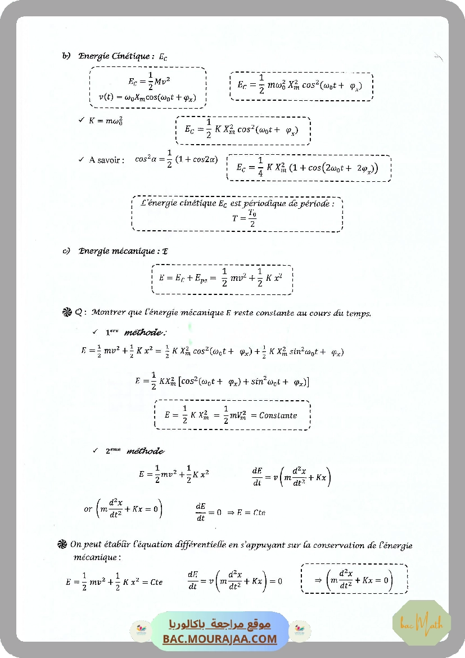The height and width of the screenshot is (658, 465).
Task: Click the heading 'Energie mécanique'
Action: [117, 251]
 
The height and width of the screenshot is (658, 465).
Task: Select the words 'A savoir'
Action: [105, 160]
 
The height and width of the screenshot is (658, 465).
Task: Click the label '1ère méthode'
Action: [135, 332]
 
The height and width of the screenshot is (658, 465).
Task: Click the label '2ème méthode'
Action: [134, 451]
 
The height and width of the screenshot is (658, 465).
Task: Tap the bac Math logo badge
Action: [421, 623]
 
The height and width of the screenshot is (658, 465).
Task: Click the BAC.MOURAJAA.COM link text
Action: [220, 639]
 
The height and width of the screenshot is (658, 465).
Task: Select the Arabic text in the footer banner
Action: [220, 624]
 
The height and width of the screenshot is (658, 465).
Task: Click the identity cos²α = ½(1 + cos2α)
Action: [176, 159]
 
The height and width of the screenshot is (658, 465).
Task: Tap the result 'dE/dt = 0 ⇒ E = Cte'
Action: [231, 512]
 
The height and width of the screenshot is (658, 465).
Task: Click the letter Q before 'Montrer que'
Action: [78, 313]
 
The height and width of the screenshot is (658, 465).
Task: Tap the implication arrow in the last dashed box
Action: [317, 580]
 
